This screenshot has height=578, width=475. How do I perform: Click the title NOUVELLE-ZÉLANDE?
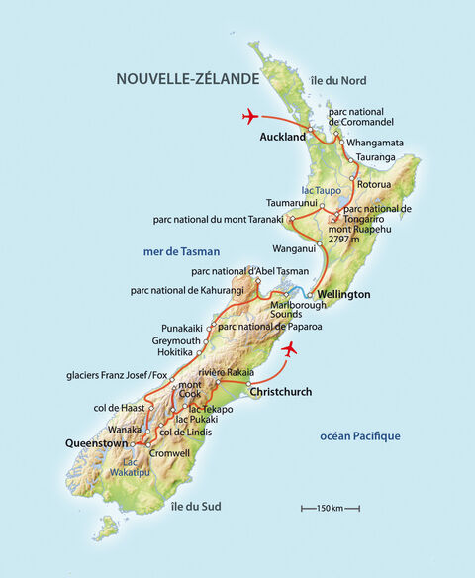coord(187,78)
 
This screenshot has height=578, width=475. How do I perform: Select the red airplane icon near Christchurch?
coord(289,349)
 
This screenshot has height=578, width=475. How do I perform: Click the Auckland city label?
coord(282,138)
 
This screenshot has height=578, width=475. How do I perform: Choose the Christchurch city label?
coord(282,392)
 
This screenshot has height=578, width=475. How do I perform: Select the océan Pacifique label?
coord(360,435)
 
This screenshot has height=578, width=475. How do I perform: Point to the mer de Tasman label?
coord(181,251)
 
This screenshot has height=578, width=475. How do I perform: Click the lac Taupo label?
coord(321,189)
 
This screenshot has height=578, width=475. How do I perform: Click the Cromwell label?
coord(169,452)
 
